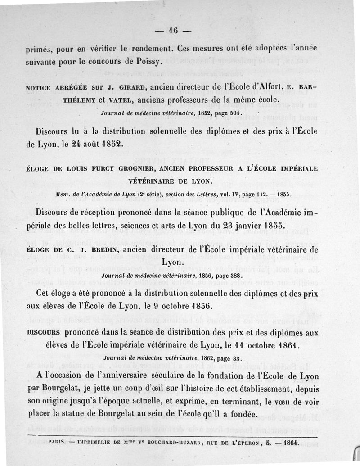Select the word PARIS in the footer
58,443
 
